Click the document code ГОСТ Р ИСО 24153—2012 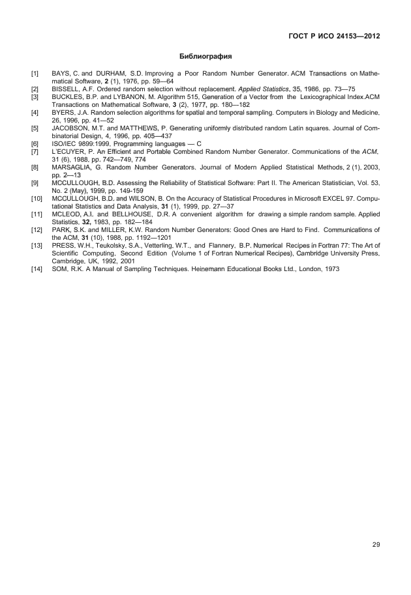tap(334, 36)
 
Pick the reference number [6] tap(35, 143)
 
